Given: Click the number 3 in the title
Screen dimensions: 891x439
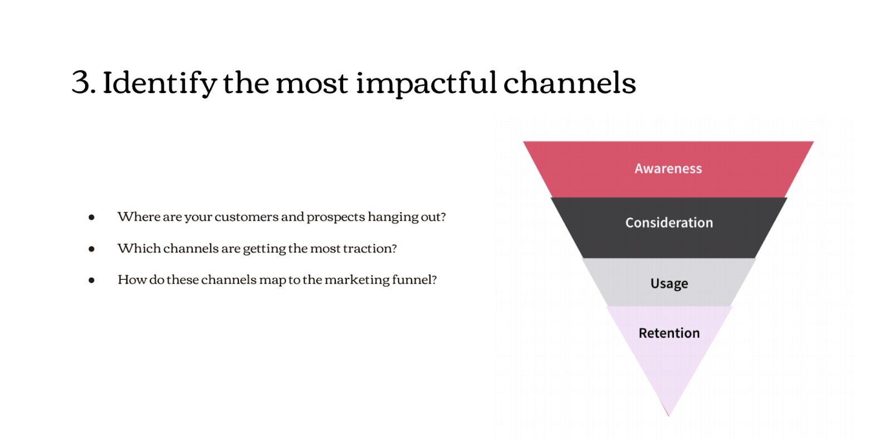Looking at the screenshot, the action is [x=81, y=82].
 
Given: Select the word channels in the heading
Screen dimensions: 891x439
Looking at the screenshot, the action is [x=570, y=83].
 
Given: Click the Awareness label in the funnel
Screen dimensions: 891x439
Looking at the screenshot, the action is [x=668, y=168].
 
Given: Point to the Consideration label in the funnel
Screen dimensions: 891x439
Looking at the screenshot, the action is [x=669, y=222].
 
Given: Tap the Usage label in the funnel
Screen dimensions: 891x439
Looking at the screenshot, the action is [x=669, y=284].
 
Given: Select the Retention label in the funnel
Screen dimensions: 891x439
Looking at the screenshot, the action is [x=669, y=333].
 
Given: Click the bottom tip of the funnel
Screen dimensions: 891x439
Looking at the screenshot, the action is [x=669, y=416].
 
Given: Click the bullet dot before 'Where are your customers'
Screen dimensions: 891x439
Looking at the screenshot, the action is [x=91, y=217].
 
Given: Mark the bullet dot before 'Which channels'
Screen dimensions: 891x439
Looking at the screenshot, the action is [x=91, y=249].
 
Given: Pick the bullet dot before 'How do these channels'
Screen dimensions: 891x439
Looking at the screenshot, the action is [x=91, y=281].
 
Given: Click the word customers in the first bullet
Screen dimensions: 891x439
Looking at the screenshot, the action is [x=247, y=217].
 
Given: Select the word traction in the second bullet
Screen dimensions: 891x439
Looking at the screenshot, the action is [x=370, y=248].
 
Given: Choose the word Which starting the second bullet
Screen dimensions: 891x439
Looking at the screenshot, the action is [x=139, y=248].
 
